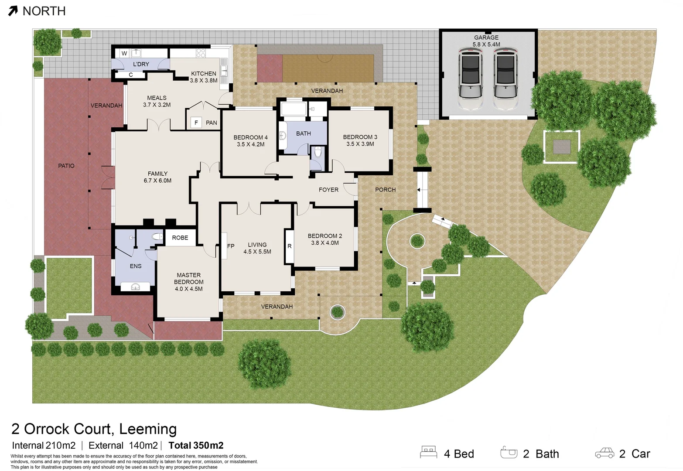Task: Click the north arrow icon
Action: coord(13,11)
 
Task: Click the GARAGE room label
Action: coord(486,38)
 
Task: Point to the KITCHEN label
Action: coord(204,74)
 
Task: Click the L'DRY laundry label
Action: coord(141,64)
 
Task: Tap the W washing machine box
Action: coord(124,54)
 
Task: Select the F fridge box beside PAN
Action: coord(196,123)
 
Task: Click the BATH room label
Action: coord(304,133)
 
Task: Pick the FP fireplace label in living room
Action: coord(231,246)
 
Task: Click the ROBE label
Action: coord(180,238)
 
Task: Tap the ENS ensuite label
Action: coord(136,266)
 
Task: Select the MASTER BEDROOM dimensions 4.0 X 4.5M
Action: coord(188,289)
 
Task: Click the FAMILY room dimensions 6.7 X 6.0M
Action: coord(157,181)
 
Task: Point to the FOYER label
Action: coord(328,190)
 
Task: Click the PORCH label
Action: coord(386,190)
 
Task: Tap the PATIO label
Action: coord(66,166)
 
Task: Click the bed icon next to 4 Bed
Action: coord(428,452)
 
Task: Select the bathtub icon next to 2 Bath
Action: coord(509,453)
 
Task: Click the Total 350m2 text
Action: coord(196,445)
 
